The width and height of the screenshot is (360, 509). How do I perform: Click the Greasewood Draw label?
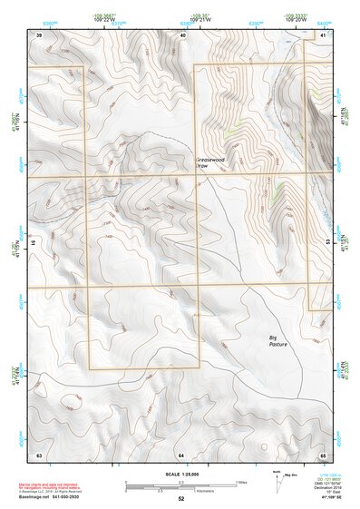(209, 164)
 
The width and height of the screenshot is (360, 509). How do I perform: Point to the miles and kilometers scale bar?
(180, 486)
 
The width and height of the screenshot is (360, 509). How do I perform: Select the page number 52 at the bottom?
(180, 499)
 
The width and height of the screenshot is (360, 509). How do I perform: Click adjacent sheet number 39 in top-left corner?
(38, 34)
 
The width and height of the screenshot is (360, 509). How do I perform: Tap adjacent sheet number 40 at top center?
(183, 34)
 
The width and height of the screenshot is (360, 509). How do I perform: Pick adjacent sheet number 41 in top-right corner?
(324, 34)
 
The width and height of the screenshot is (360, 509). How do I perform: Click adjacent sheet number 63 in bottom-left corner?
(38, 453)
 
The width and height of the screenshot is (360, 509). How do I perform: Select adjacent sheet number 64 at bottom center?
(181, 453)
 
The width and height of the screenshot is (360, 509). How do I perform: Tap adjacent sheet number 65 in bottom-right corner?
(323, 453)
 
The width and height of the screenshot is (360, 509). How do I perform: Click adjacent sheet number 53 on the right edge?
(327, 243)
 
